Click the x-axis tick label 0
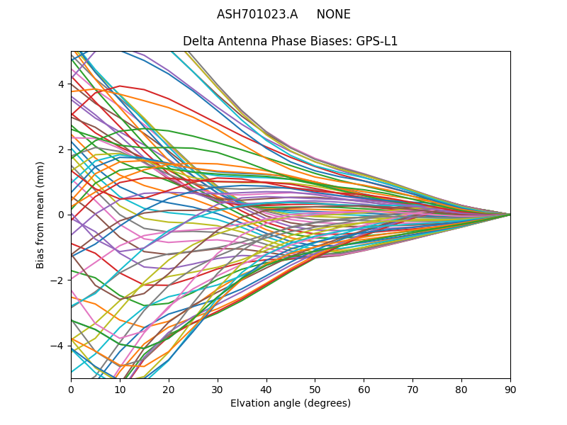click(x=71, y=389)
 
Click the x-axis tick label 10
click(x=120, y=389)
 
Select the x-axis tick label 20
click(x=169, y=389)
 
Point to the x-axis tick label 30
click(x=218, y=389)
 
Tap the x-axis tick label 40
click(x=266, y=389)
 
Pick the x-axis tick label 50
click(x=315, y=389)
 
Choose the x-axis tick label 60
click(x=364, y=389)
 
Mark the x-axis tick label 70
click(x=412, y=389)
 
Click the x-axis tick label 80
click(x=461, y=389)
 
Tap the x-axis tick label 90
click(x=510, y=389)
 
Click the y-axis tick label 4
click(x=61, y=84)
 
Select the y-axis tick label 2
click(x=61, y=149)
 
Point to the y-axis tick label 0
click(x=61, y=215)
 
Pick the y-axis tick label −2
click(x=58, y=280)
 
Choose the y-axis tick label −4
click(x=58, y=346)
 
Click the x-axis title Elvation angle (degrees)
click(x=291, y=404)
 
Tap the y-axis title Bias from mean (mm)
click(x=41, y=214)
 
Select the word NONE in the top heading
click(x=334, y=14)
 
